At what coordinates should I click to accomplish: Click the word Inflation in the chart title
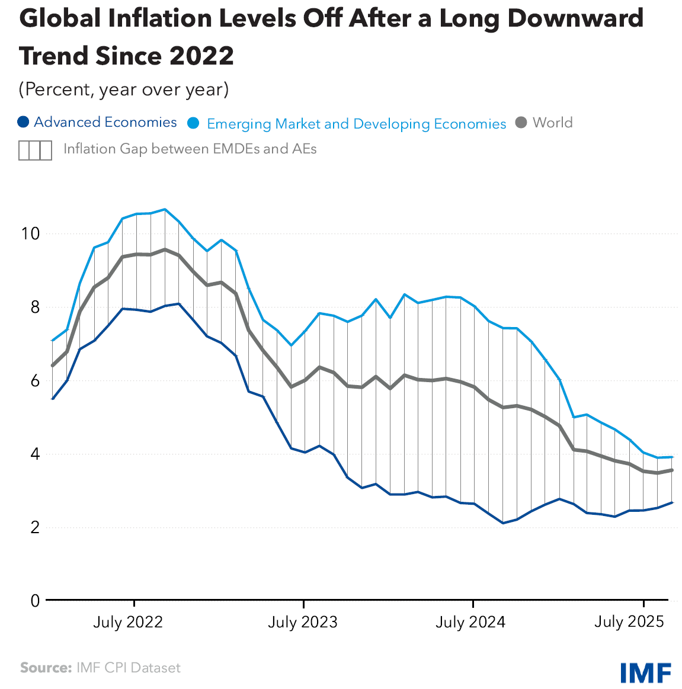pos(160,19)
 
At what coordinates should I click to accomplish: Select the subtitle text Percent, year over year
pos(124,89)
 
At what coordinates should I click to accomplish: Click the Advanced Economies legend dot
pos(23,123)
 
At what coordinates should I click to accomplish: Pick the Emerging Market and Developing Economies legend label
pos(356,124)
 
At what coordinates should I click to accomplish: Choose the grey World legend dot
pos(521,123)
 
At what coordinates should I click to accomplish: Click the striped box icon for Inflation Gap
pos(35,150)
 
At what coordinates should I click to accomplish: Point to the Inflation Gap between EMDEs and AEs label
pos(190,149)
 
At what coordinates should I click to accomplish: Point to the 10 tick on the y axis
pos(30,233)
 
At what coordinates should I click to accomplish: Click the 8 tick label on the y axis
pos(34,307)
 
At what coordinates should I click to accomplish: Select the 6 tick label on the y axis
pos(34,380)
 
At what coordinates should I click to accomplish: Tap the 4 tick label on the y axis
pos(34,454)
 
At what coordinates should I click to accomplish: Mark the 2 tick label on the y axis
pos(34,527)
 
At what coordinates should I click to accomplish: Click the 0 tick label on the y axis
pos(34,601)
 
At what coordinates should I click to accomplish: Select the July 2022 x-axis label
pos(127,622)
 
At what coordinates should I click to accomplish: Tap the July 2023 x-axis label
pos(302,622)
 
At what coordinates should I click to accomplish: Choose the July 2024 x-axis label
pos(470,622)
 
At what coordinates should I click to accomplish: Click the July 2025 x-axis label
pos(629,621)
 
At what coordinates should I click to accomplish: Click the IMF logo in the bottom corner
pos(645,672)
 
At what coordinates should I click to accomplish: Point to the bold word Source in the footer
pos(46,668)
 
